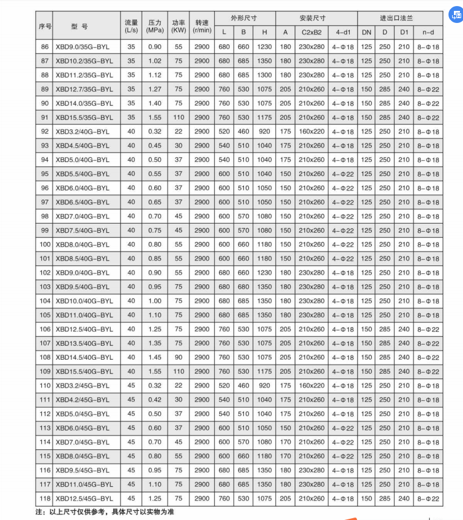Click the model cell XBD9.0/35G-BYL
pos(84,47)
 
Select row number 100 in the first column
pos(44,244)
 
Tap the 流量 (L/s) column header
pos(131,25)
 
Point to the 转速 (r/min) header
pos(202,25)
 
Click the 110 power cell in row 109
pos(179,371)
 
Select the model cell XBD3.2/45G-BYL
pos(83,385)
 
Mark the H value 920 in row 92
pos(264,131)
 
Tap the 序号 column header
pos(44,26)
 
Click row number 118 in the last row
pos(44,498)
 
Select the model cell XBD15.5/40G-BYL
pos(84,371)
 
